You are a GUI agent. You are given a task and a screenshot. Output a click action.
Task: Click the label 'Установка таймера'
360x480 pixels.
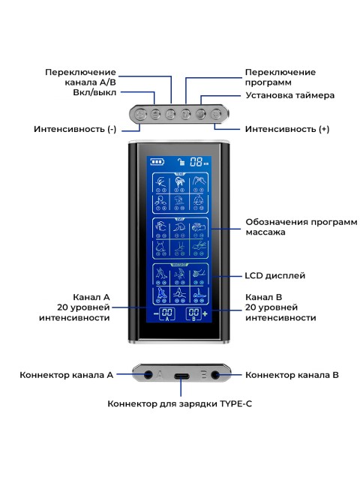click(x=290, y=95)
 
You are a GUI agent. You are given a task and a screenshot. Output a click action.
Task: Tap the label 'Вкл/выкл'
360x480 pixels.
click(x=95, y=95)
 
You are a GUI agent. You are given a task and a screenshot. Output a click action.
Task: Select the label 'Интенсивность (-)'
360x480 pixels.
click(x=75, y=129)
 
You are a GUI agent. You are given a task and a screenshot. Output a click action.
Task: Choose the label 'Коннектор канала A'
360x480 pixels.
click(x=67, y=374)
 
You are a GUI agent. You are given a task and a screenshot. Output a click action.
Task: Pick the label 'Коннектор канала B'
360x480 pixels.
click(x=292, y=374)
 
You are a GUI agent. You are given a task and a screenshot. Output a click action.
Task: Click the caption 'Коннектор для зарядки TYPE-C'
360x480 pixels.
click(x=180, y=403)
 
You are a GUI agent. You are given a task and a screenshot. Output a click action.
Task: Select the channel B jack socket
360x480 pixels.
click(x=217, y=374)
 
